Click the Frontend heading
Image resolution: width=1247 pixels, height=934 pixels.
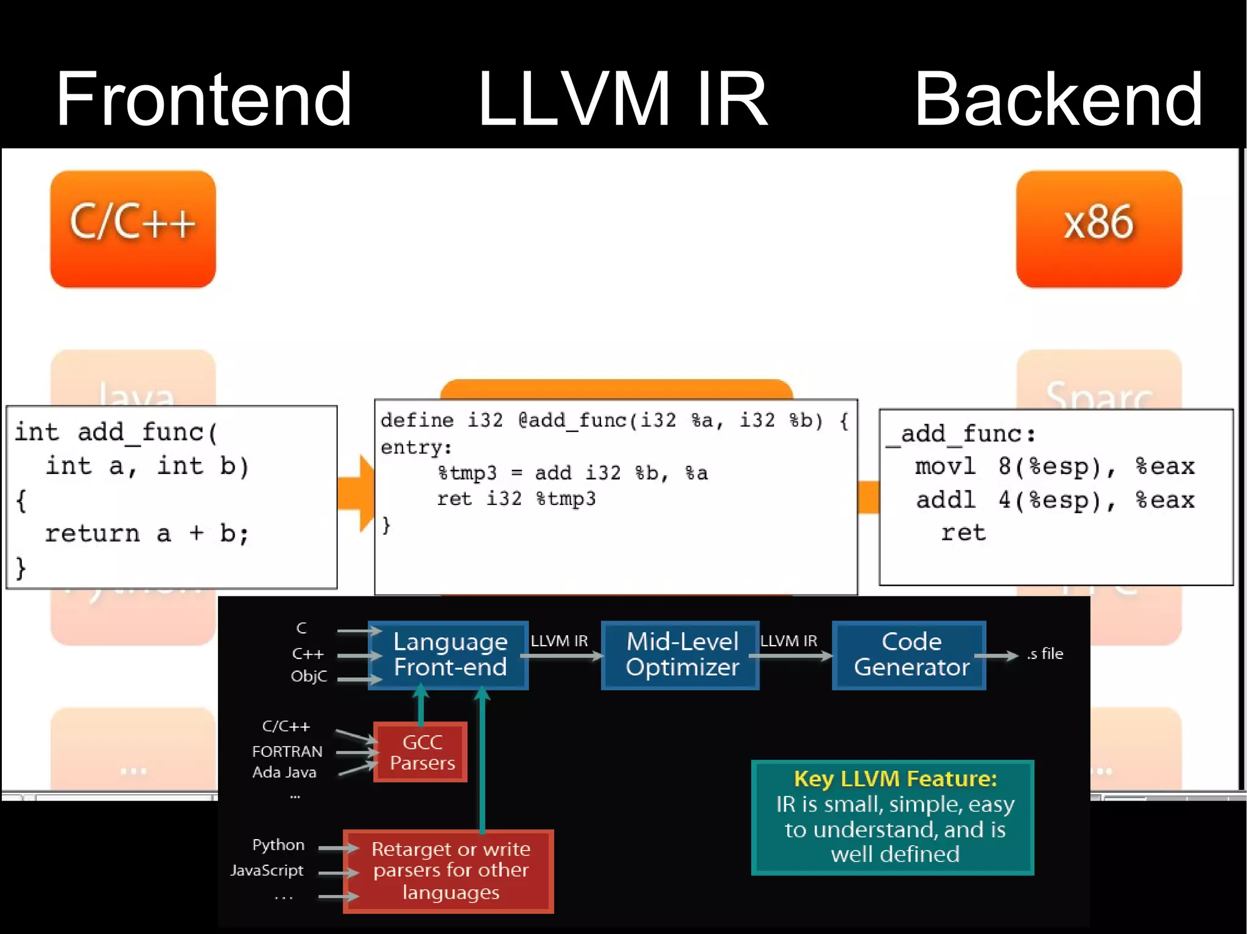(x=204, y=99)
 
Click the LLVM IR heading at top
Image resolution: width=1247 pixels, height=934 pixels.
(x=622, y=99)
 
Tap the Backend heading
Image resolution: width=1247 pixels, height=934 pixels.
(x=1058, y=99)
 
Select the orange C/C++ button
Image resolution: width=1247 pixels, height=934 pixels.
(x=133, y=228)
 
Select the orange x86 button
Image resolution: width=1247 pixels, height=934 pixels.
(x=1098, y=228)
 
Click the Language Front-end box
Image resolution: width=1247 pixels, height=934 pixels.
(x=449, y=655)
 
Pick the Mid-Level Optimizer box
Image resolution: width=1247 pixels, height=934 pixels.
(x=681, y=655)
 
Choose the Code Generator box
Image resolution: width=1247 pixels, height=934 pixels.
(x=910, y=655)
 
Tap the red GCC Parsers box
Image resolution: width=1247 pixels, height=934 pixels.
(x=421, y=752)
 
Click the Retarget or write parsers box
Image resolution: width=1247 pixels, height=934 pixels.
(x=449, y=871)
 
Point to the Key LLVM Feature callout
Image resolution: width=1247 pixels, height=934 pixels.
(x=894, y=817)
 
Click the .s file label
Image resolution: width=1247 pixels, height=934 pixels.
(x=1045, y=654)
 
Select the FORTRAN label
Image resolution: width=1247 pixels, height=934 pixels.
(x=287, y=752)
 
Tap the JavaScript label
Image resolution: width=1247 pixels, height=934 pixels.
(x=267, y=871)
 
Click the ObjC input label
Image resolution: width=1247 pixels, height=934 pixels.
(x=309, y=677)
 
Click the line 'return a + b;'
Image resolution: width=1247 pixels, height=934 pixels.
(x=147, y=534)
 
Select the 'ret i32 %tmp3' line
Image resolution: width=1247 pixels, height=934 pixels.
(x=516, y=499)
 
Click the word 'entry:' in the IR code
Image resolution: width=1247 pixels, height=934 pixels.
(x=416, y=448)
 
